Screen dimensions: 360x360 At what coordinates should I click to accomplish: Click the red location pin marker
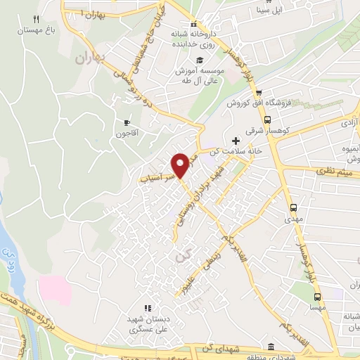181,165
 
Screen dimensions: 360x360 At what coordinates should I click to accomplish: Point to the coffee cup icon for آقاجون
127,122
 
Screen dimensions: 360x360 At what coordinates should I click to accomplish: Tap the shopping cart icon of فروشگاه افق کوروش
259,92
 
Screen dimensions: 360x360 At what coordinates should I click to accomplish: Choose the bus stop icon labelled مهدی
294,207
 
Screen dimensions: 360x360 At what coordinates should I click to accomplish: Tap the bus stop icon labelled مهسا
317,297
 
